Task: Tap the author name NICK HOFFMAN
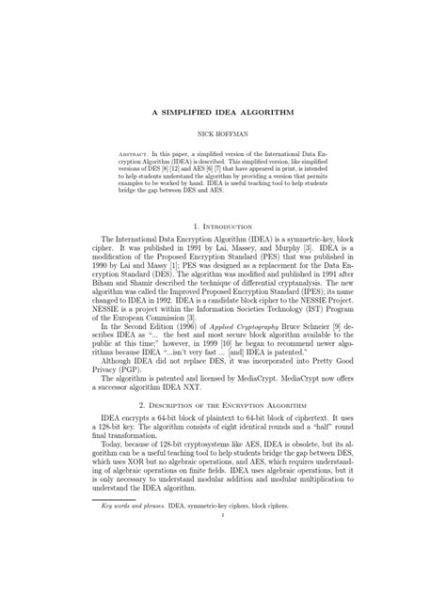pos(222,134)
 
